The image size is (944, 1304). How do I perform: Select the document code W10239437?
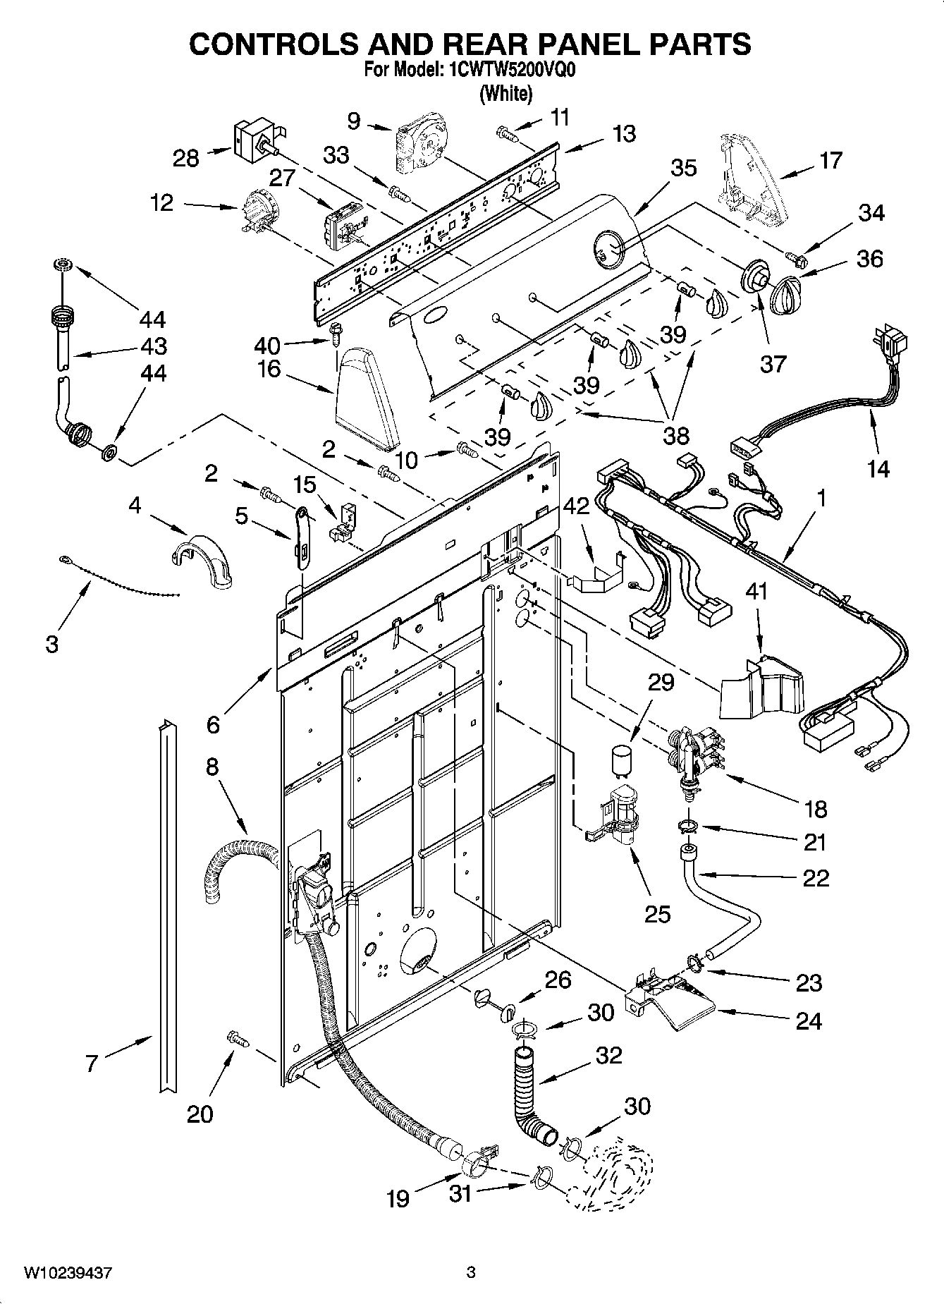coord(68,1272)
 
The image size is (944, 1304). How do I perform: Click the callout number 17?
coord(830,160)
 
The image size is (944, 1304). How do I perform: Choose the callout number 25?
coord(658,914)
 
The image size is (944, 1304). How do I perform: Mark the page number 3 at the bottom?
coord(472,1272)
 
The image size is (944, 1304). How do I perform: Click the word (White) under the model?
coord(505,93)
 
